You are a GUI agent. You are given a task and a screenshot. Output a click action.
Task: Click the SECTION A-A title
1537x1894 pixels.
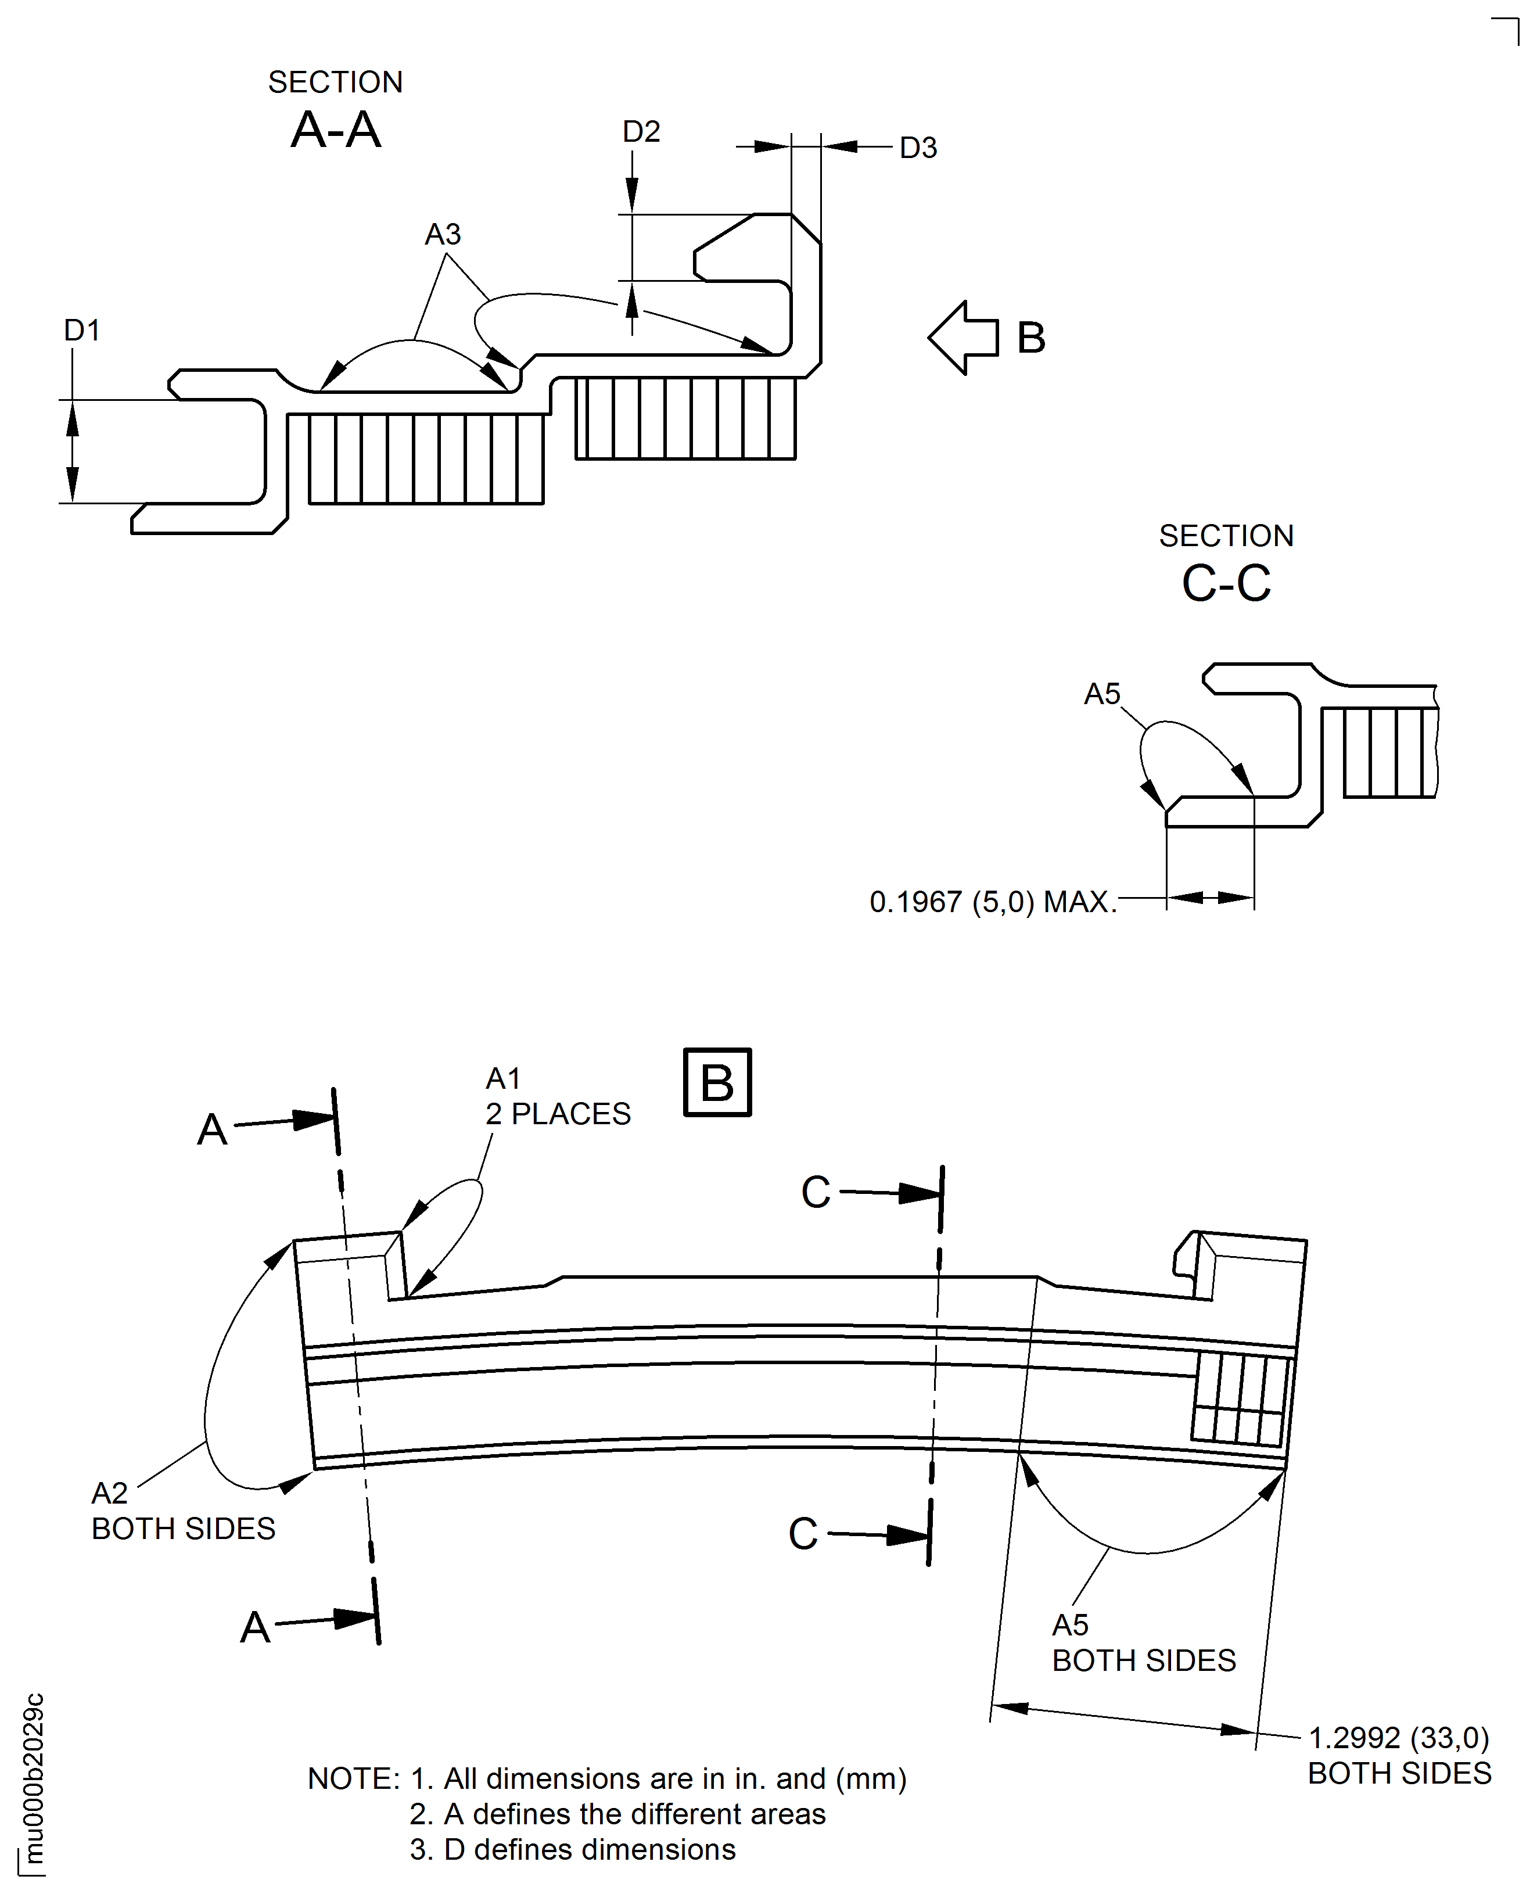(336, 110)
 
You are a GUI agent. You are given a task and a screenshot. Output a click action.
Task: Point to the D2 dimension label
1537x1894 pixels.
(641, 132)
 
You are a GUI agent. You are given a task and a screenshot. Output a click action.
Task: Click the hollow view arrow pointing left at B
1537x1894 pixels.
(963, 338)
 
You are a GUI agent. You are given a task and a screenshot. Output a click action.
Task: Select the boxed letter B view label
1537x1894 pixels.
(717, 1082)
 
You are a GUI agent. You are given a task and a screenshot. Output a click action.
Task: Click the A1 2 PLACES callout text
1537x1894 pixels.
(558, 1096)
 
